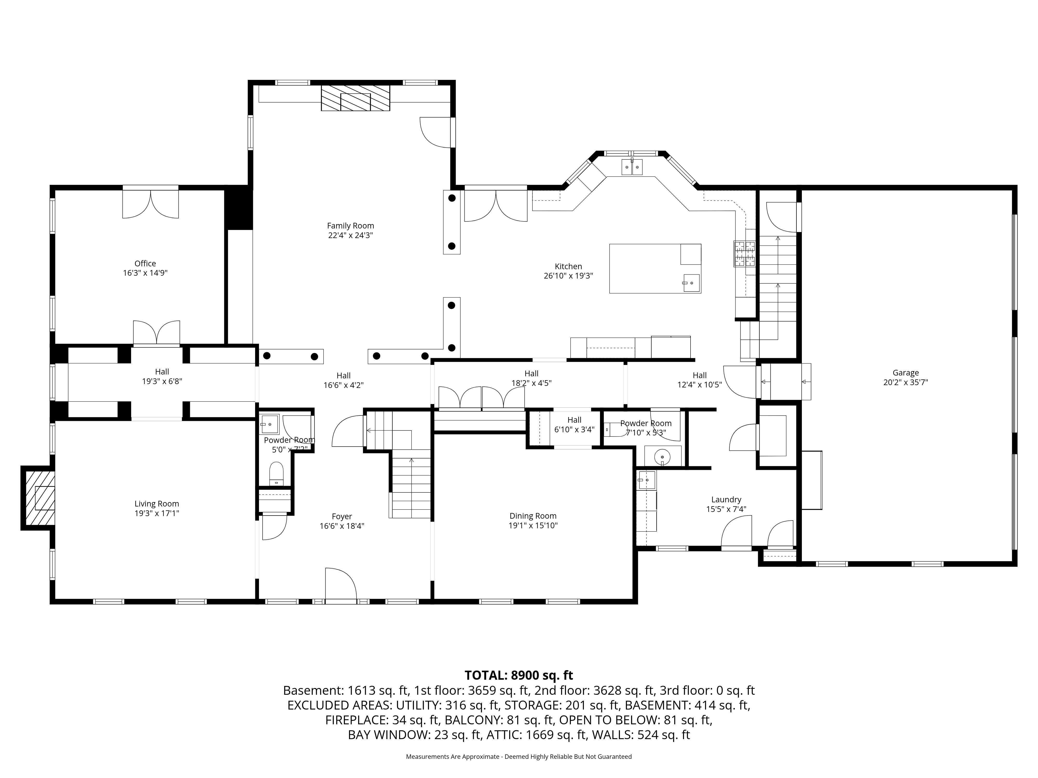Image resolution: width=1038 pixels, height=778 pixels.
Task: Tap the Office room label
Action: tap(145, 263)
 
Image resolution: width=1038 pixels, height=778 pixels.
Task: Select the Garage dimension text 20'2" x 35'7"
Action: tap(906, 382)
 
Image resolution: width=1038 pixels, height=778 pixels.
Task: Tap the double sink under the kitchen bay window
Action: tap(632, 167)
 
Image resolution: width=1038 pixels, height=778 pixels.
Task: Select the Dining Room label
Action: tap(533, 516)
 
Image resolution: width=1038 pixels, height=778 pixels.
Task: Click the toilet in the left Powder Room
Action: tap(276, 474)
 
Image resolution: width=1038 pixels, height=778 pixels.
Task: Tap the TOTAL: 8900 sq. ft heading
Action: tap(518, 675)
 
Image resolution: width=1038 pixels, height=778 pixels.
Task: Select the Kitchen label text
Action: tap(568, 266)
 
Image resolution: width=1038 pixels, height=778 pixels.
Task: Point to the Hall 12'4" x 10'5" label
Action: tap(700, 380)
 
